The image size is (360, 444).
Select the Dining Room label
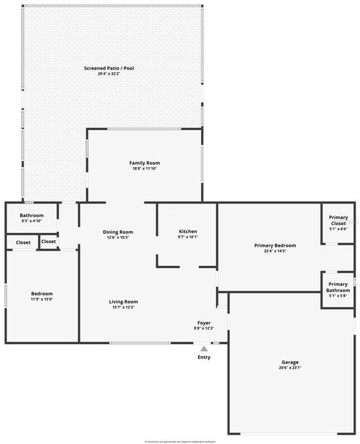pyautogui.click(x=118, y=232)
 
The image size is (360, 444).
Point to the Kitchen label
pyautogui.click(x=187, y=231)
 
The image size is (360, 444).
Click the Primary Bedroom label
pyautogui.click(x=275, y=245)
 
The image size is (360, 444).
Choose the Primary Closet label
pyautogui.click(x=338, y=220)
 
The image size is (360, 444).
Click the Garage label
pyautogui.click(x=289, y=362)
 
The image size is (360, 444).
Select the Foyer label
pyautogui.click(x=204, y=323)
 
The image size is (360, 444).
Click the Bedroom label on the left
pyautogui.click(x=42, y=294)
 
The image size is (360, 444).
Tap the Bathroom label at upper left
pyautogui.click(x=31, y=215)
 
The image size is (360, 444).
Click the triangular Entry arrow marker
pyautogui.click(x=204, y=348)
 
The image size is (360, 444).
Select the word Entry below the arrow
pyautogui.click(x=204, y=357)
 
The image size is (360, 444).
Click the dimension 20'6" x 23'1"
pyautogui.click(x=289, y=368)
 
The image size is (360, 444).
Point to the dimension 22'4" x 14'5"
pyautogui.click(x=275, y=251)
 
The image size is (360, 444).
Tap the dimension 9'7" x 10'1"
pyautogui.click(x=187, y=237)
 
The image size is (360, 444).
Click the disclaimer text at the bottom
pyautogui.click(x=180, y=442)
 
